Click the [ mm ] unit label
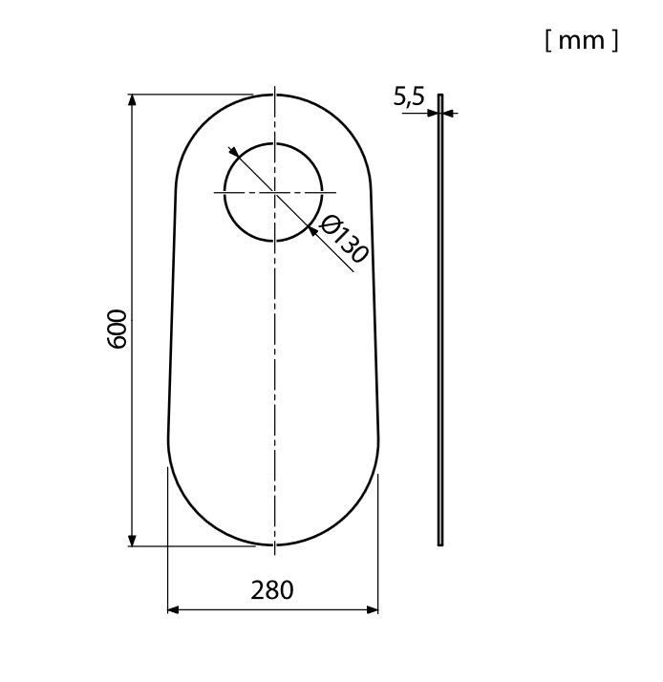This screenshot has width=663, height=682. (x=582, y=41)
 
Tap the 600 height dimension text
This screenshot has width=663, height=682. (x=117, y=329)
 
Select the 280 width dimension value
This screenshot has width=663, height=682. (x=272, y=590)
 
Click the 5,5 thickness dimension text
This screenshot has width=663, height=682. (x=409, y=96)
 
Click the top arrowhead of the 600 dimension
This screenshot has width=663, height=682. (x=132, y=100)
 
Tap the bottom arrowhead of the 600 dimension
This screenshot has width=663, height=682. (x=132, y=541)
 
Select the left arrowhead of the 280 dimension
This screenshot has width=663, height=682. (x=174, y=609)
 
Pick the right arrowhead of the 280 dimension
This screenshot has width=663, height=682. (x=372, y=609)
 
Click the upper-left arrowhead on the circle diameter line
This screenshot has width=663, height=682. (x=234, y=152)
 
